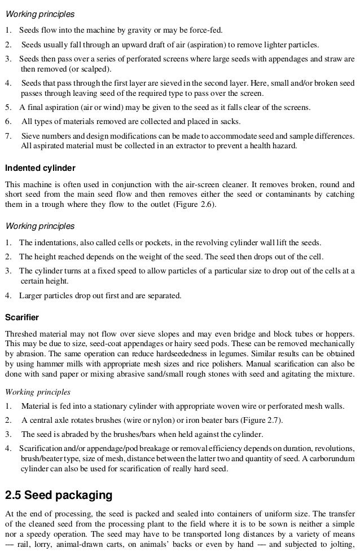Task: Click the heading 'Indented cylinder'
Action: coord(40,168)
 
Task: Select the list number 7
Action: coord(7,136)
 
